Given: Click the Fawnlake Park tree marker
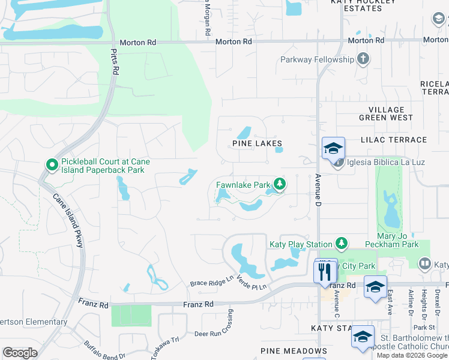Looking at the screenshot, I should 279,184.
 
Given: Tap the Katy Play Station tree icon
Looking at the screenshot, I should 341,243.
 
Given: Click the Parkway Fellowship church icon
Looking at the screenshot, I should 363,59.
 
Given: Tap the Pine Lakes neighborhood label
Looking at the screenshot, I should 257,143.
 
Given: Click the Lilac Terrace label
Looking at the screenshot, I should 394,140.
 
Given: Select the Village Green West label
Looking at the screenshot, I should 386,113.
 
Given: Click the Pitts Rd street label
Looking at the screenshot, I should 114,61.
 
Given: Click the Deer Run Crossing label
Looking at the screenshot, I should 230,324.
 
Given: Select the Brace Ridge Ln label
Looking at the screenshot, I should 211,280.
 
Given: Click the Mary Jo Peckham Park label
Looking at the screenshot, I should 397,241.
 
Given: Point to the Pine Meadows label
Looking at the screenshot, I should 294,351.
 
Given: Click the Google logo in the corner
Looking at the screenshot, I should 20,353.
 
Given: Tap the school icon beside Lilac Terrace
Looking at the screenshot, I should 334,148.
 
